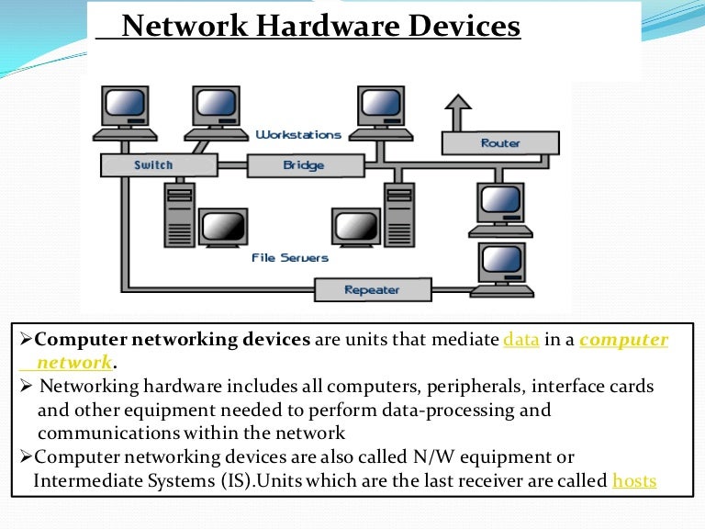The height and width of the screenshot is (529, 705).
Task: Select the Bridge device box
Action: click(303, 165)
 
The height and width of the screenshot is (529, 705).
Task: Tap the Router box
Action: click(500, 143)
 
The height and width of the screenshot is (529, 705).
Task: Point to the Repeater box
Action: click(372, 290)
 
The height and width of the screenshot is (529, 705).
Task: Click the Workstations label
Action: click(298, 135)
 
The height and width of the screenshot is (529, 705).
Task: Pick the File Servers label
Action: click(290, 258)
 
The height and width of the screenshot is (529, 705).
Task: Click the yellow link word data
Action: click(520, 340)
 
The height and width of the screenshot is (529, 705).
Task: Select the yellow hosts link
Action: click(634, 479)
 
